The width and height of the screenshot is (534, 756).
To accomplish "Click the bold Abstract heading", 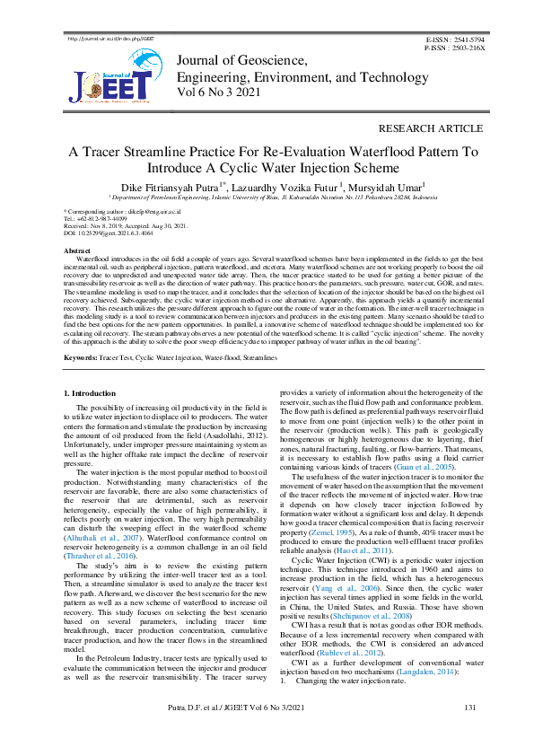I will (x=79, y=250).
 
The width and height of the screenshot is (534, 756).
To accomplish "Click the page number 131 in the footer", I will (x=469, y=734).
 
